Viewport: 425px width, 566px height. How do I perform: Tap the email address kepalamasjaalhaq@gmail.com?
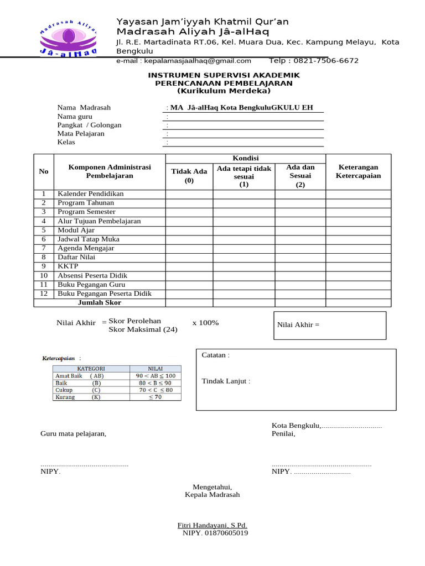click(184, 61)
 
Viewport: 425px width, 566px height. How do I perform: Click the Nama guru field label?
click(75, 117)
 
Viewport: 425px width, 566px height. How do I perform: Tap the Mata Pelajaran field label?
click(81, 134)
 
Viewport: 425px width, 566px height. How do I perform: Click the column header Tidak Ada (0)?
click(189, 176)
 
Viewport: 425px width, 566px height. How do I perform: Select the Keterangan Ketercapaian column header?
click(358, 171)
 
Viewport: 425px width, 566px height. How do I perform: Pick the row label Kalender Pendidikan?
click(91, 194)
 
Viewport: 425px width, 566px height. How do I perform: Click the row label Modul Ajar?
click(76, 230)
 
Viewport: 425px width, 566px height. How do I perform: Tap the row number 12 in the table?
click(44, 294)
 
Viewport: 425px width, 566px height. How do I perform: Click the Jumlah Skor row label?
click(100, 303)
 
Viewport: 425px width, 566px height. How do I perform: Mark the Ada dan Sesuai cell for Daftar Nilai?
click(300, 258)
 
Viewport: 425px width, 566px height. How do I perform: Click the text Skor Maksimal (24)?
click(143, 330)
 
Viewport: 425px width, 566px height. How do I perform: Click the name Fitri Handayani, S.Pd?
click(212, 525)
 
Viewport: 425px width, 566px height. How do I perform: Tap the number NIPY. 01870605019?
click(215, 533)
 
